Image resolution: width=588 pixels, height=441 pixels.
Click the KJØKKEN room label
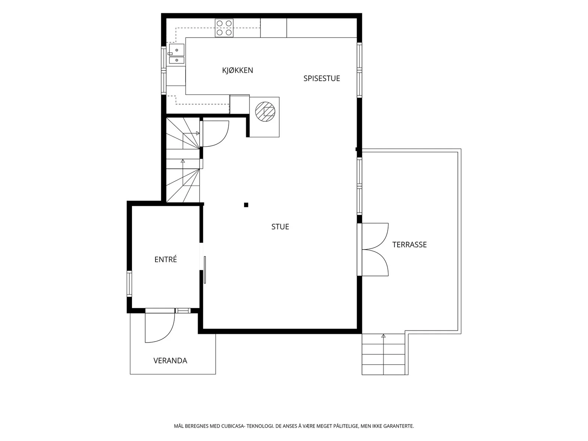(x=237, y=70)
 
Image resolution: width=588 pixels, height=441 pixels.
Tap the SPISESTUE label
(x=322, y=78)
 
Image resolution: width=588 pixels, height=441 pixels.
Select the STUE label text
(x=280, y=227)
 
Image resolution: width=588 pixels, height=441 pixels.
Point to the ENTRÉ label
(x=165, y=259)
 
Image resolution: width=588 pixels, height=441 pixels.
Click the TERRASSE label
(x=409, y=244)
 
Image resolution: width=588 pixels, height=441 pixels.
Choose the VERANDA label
(x=170, y=361)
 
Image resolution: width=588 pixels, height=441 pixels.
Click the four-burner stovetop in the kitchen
(x=224, y=28)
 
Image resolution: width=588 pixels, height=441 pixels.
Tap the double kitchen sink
(x=176, y=54)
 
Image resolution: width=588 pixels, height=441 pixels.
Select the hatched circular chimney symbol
(x=265, y=111)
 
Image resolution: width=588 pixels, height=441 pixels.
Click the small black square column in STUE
(x=246, y=205)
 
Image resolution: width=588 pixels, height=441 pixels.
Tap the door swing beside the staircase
(x=216, y=134)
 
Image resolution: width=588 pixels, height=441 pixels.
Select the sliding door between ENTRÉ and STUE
(x=205, y=270)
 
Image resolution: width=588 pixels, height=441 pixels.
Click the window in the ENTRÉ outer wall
(x=129, y=284)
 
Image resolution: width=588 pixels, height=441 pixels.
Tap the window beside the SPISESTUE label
(x=359, y=70)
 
